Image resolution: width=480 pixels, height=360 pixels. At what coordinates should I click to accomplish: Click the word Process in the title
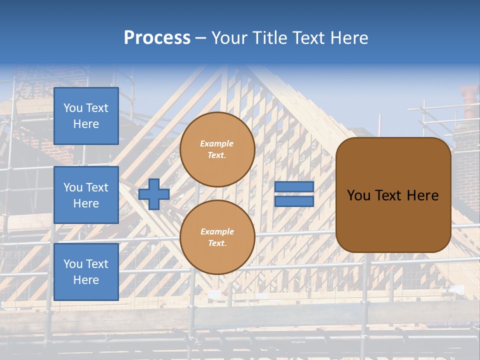coord(157,38)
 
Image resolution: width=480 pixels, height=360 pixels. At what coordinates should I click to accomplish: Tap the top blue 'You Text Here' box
coord(86,116)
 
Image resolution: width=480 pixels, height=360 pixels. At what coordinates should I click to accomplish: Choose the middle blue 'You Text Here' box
coord(86,195)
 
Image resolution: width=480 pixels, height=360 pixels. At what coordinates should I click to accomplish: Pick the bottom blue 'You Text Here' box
coord(86,271)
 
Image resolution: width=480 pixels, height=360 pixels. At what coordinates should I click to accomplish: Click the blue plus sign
coord(154,194)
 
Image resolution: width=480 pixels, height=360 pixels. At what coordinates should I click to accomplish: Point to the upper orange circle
coord(217,149)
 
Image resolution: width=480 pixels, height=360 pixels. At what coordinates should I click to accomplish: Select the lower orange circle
coord(217,237)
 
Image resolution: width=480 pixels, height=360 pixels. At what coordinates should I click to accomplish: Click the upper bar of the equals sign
coord(294,187)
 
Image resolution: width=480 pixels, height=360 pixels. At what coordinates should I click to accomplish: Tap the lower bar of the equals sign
coord(294,201)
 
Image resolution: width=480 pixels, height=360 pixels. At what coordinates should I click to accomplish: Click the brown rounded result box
coord(393,220)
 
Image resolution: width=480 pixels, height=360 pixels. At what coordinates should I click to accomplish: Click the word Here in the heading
coord(349,38)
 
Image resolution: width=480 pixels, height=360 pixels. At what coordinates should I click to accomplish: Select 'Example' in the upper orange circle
coord(217,143)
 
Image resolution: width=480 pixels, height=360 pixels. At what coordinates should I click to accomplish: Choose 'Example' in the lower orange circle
coord(217,231)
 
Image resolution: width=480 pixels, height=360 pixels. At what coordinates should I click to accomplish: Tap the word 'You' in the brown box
coord(358,195)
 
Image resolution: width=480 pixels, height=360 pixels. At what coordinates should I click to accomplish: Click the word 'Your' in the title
coord(228,38)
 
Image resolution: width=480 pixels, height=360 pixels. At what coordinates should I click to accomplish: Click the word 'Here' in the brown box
coord(422,195)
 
